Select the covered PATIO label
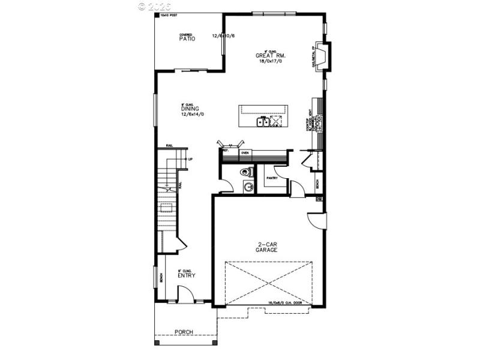tap(187, 38)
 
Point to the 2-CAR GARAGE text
tap(268, 247)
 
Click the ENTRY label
tap(187, 275)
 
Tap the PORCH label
tap(183, 332)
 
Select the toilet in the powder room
tap(247, 173)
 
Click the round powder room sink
tap(248, 188)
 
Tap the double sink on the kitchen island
tap(262, 122)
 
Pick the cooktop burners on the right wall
tap(319, 123)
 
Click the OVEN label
tap(245, 153)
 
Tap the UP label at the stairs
tap(190, 159)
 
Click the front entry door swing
tap(187, 293)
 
